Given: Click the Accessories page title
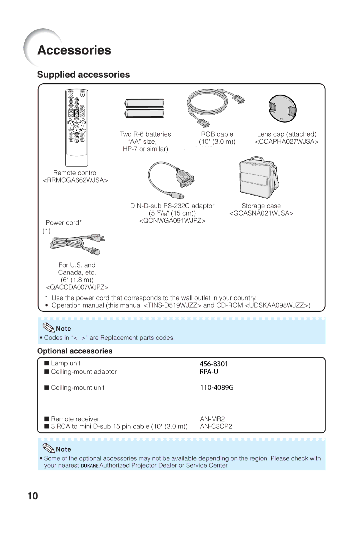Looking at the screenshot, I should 74,50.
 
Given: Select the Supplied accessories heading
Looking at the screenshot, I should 83,75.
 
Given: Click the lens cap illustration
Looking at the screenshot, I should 282,109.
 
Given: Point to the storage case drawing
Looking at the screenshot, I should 259,178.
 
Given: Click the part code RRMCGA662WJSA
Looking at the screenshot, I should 76,180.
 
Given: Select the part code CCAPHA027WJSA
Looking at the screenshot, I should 286,142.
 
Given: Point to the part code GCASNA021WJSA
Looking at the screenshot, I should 261,213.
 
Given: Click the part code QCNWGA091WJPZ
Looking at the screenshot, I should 172,221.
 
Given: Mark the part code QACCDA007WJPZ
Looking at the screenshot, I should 77,287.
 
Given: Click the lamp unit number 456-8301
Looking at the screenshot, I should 214,364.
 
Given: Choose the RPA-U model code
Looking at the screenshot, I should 209,372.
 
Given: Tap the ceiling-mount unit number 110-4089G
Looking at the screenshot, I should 217,387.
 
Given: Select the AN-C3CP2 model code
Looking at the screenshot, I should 216,426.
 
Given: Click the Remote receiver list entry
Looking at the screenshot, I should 75,419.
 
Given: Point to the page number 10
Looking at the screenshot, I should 33,496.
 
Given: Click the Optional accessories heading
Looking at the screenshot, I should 75,351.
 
